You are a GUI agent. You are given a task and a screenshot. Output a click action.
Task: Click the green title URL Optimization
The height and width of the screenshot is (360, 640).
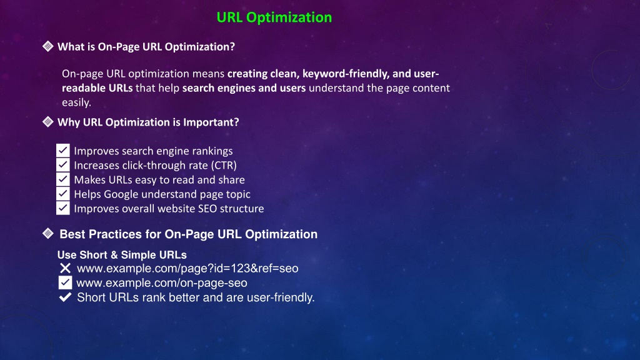(x=274, y=17)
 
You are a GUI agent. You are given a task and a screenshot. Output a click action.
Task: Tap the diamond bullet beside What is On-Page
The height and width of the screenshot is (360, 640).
(x=47, y=46)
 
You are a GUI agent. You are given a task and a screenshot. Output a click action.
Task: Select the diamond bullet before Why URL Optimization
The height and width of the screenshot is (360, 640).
(x=47, y=122)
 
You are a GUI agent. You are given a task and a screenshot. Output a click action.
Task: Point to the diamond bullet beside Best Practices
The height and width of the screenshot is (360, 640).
(x=47, y=234)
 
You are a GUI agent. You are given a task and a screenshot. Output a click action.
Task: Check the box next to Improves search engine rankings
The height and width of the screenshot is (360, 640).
(x=63, y=151)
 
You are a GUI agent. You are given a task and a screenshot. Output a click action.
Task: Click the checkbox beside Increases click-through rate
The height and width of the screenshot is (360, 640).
(x=63, y=165)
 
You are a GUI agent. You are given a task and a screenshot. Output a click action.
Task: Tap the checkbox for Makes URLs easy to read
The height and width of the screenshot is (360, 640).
(x=63, y=179)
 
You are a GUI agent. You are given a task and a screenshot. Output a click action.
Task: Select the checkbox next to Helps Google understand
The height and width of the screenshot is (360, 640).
(x=63, y=194)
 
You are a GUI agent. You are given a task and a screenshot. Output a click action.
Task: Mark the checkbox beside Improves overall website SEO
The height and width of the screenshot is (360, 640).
(x=63, y=208)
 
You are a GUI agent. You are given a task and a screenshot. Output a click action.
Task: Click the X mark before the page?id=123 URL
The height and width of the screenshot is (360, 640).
(x=65, y=268)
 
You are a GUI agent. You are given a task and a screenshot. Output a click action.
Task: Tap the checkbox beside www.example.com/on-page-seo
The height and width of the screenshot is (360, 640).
(x=65, y=282)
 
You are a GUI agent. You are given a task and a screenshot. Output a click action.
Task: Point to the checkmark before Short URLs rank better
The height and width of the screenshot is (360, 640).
(x=65, y=297)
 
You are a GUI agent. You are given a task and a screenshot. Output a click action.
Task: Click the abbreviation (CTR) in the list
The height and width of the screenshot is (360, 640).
(x=224, y=165)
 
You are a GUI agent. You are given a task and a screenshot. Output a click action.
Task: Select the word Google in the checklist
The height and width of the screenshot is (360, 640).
(x=121, y=194)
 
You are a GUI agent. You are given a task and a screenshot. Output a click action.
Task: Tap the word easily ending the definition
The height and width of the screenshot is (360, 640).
(x=76, y=102)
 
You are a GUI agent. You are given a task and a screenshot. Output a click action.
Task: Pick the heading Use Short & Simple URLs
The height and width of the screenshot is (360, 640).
(x=122, y=255)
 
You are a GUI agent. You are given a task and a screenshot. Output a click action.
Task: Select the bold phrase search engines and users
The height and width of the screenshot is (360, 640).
(x=244, y=88)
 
